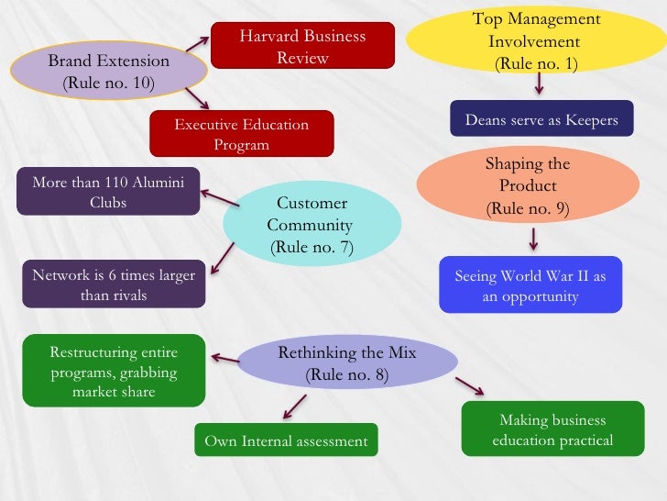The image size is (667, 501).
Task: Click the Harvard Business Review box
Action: (x=302, y=47)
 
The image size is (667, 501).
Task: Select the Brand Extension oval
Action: (x=108, y=72)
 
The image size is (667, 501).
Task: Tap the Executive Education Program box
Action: (x=242, y=134)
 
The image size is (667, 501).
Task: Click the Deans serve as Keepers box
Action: (x=541, y=119)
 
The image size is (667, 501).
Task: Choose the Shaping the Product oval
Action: (x=527, y=186)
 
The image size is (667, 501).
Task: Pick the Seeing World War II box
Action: (x=530, y=286)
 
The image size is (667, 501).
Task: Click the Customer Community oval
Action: (x=312, y=225)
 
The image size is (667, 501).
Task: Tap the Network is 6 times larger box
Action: (x=114, y=284)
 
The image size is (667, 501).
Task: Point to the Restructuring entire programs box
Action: (x=114, y=371)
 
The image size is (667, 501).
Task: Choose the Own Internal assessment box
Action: (x=286, y=441)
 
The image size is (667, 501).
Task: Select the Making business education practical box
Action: (x=552, y=430)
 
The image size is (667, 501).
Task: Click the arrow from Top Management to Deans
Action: (x=539, y=83)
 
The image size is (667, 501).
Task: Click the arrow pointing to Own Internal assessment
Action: (x=294, y=405)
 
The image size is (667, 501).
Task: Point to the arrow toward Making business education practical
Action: (x=469, y=385)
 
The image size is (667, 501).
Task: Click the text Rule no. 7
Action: (x=312, y=246)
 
